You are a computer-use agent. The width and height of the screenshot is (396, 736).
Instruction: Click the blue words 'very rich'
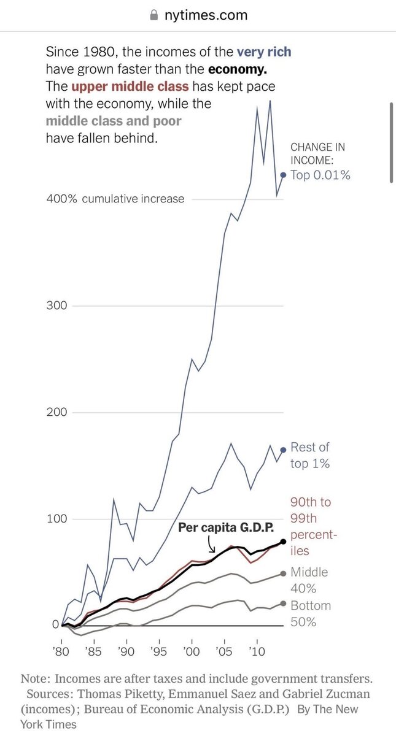click(x=264, y=52)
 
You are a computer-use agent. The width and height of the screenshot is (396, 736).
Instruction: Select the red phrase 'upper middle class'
click(x=130, y=86)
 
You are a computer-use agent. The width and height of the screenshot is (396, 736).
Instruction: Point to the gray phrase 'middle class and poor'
click(x=114, y=121)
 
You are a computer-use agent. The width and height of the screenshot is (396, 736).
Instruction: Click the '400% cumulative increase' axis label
click(x=115, y=199)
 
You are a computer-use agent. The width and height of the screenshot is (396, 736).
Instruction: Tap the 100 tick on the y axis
click(x=54, y=519)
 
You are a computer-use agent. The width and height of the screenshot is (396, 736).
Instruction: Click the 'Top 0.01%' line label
click(x=320, y=175)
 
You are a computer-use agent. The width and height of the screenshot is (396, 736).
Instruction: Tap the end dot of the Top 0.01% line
click(x=283, y=175)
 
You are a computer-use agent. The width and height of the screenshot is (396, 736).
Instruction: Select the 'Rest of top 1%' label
click(x=310, y=456)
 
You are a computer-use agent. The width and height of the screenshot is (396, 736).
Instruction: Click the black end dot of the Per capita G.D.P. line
click(x=283, y=542)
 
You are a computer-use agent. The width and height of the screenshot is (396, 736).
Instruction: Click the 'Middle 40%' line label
click(x=309, y=580)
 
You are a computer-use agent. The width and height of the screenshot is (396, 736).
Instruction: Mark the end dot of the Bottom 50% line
click(x=283, y=604)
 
